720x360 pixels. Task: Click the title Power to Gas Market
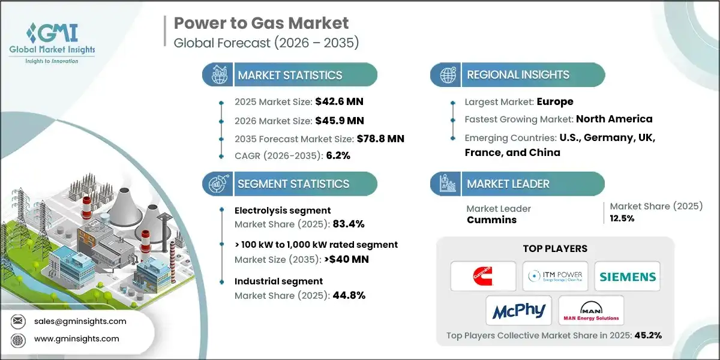[x=261, y=23]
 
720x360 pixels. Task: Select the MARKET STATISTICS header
[x=290, y=75]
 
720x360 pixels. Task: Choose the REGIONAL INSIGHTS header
[x=518, y=75]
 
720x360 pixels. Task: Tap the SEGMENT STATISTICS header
[x=293, y=184]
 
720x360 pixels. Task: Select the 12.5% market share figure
[x=622, y=218]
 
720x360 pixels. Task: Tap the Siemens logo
[x=627, y=277]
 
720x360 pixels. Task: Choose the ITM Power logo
[x=554, y=277]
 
